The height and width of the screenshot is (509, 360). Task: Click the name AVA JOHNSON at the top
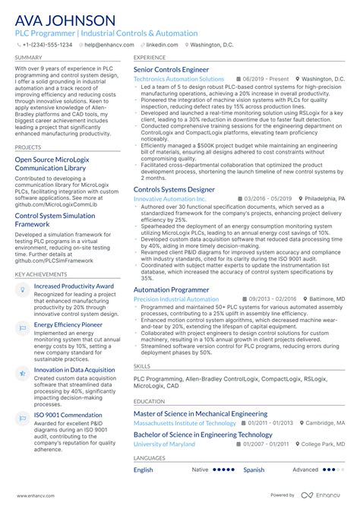coord(65,21)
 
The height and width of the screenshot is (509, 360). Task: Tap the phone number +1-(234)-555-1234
coord(46,45)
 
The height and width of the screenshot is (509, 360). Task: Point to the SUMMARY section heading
coord(28,57)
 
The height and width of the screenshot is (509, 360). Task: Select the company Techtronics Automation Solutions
coord(178,79)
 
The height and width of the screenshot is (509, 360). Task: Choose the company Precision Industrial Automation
coord(176,299)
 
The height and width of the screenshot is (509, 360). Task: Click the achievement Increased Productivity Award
coord(74,286)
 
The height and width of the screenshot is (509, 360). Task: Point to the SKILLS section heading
coord(142,365)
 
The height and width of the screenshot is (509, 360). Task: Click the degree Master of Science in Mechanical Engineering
coord(201,414)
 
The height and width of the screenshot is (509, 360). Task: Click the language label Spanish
coord(254,470)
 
